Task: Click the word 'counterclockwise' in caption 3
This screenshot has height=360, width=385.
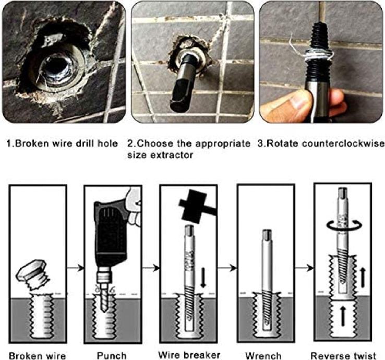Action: [343, 143]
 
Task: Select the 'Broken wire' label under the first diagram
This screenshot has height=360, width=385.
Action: [38, 356]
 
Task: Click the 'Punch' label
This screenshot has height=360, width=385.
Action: [112, 356]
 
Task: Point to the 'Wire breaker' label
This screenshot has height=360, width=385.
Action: [189, 355]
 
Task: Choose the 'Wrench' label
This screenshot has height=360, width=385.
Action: [263, 356]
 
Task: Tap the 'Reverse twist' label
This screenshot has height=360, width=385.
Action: [343, 356]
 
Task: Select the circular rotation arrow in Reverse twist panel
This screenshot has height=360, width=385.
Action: [344, 225]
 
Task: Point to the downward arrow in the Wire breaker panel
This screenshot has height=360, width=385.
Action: [203, 278]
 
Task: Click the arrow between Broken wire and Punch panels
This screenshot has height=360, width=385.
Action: [75, 268]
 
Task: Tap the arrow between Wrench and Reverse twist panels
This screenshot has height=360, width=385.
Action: [304, 268]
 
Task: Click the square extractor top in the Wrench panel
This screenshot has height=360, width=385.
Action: [267, 235]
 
